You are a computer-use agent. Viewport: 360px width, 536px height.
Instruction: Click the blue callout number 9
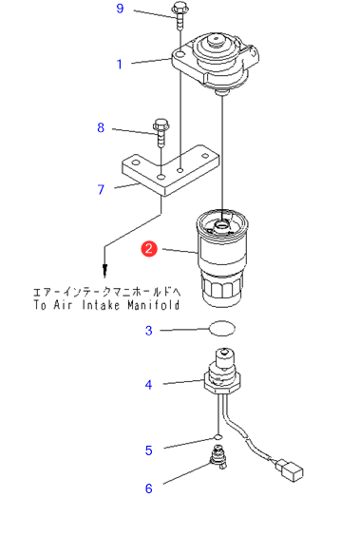[x=120, y=9]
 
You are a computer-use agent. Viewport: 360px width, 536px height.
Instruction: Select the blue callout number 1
[x=120, y=64]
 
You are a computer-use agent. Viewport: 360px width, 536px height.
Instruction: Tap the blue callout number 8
[x=101, y=127]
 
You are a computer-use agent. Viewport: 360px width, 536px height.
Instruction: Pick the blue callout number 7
[x=101, y=189]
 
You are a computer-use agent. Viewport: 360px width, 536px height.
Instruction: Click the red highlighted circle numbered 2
[x=149, y=248]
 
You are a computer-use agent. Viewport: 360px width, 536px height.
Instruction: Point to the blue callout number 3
[x=148, y=331]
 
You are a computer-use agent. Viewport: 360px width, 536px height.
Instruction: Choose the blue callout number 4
[x=148, y=385]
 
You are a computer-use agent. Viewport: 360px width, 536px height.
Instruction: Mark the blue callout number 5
[x=148, y=450]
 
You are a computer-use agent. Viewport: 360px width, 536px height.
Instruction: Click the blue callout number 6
[x=148, y=488]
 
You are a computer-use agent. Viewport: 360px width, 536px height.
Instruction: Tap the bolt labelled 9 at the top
[x=180, y=15]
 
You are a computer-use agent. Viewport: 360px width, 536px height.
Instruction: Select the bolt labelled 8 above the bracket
[x=161, y=133]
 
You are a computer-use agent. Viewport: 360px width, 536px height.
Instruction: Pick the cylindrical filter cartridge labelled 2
[x=222, y=258]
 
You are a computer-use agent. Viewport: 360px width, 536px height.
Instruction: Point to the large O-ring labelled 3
[x=222, y=328]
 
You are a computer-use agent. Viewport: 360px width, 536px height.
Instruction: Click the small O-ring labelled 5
[x=218, y=437]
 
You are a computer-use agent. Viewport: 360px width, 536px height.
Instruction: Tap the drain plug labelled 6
[x=218, y=457]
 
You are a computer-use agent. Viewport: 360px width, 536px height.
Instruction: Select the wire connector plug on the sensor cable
[x=290, y=470]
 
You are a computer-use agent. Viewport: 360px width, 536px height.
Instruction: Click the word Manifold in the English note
[x=154, y=304]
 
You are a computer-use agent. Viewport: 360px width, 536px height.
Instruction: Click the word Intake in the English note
[x=101, y=304]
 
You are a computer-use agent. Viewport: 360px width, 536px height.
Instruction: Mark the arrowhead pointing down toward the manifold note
[x=105, y=271]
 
